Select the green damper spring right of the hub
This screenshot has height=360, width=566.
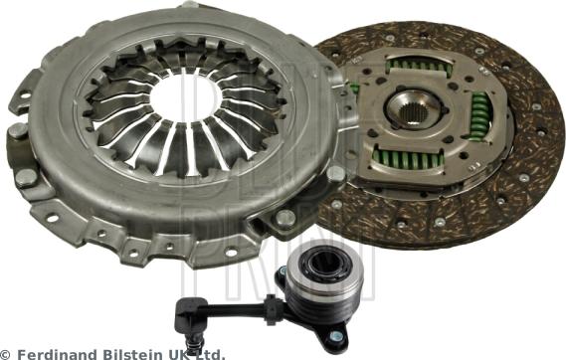479,114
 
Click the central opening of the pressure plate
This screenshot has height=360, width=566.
188,99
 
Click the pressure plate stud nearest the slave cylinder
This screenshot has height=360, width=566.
285,218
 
